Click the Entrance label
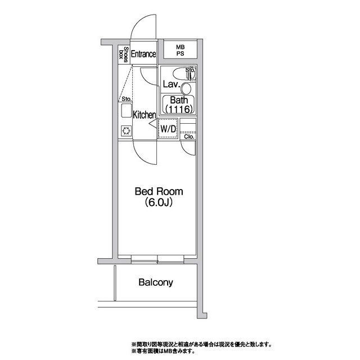pyautogui.click(x=143, y=55)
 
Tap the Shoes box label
pyautogui.click(x=123, y=55)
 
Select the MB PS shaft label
pyautogui.click(x=179, y=50)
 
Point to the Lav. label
pyautogui.click(x=171, y=85)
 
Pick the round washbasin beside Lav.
pyautogui.click(x=186, y=88)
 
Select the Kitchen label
pyautogui.click(x=144, y=115)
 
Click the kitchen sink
pyautogui.click(x=126, y=110)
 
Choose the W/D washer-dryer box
pyautogui.click(x=168, y=129)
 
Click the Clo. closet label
pyautogui.click(x=188, y=136)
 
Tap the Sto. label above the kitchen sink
pyautogui.click(x=126, y=99)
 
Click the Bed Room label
pyautogui.click(x=159, y=191)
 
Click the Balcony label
pyautogui.click(x=156, y=282)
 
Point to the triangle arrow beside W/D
pyautogui.click(x=152, y=128)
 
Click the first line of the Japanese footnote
pyautogui.click(x=201, y=344)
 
